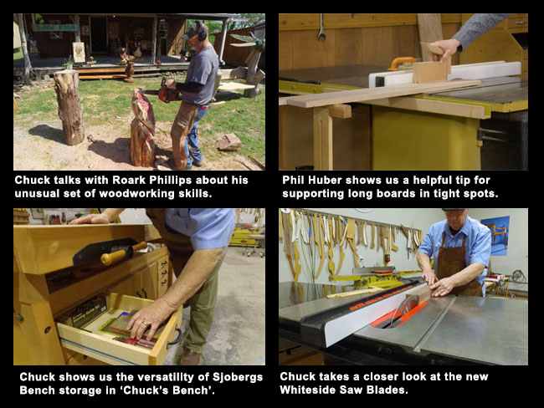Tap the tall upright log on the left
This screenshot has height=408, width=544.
(68, 106)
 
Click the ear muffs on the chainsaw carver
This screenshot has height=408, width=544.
(200, 34)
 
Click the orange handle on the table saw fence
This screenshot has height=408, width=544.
(403, 63)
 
